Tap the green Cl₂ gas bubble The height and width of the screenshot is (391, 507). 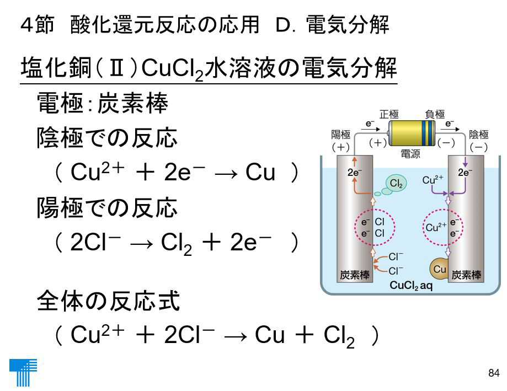395,183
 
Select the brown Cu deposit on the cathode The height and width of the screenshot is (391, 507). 438,269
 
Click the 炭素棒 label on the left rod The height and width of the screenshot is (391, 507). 354,275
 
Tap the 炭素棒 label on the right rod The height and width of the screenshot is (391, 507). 467,275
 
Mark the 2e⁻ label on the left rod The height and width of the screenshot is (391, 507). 355,173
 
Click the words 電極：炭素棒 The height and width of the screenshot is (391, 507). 102,104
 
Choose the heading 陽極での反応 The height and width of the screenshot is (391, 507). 107,208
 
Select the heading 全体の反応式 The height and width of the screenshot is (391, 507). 108,302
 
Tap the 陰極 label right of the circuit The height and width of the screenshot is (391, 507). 479,134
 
